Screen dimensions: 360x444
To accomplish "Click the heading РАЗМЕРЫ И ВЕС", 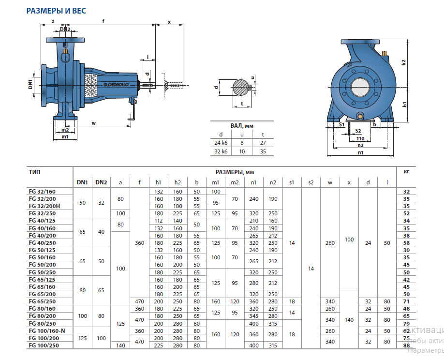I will (x=56, y=10).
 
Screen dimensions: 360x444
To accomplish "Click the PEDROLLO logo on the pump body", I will (x=114, y=84).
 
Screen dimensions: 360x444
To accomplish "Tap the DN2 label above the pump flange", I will (x=65, y=30).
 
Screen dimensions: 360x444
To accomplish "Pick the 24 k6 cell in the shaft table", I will (x=221, y=143).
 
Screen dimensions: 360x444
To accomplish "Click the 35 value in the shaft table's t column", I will (x=263, y=151).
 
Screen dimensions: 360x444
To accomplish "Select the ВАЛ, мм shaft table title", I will (x=242, y=125).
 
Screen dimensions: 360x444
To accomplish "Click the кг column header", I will (x=406, y=172).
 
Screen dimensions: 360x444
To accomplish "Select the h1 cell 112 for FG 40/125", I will (x=158, y=220).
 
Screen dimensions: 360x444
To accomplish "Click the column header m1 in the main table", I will (x=216, y=182).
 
